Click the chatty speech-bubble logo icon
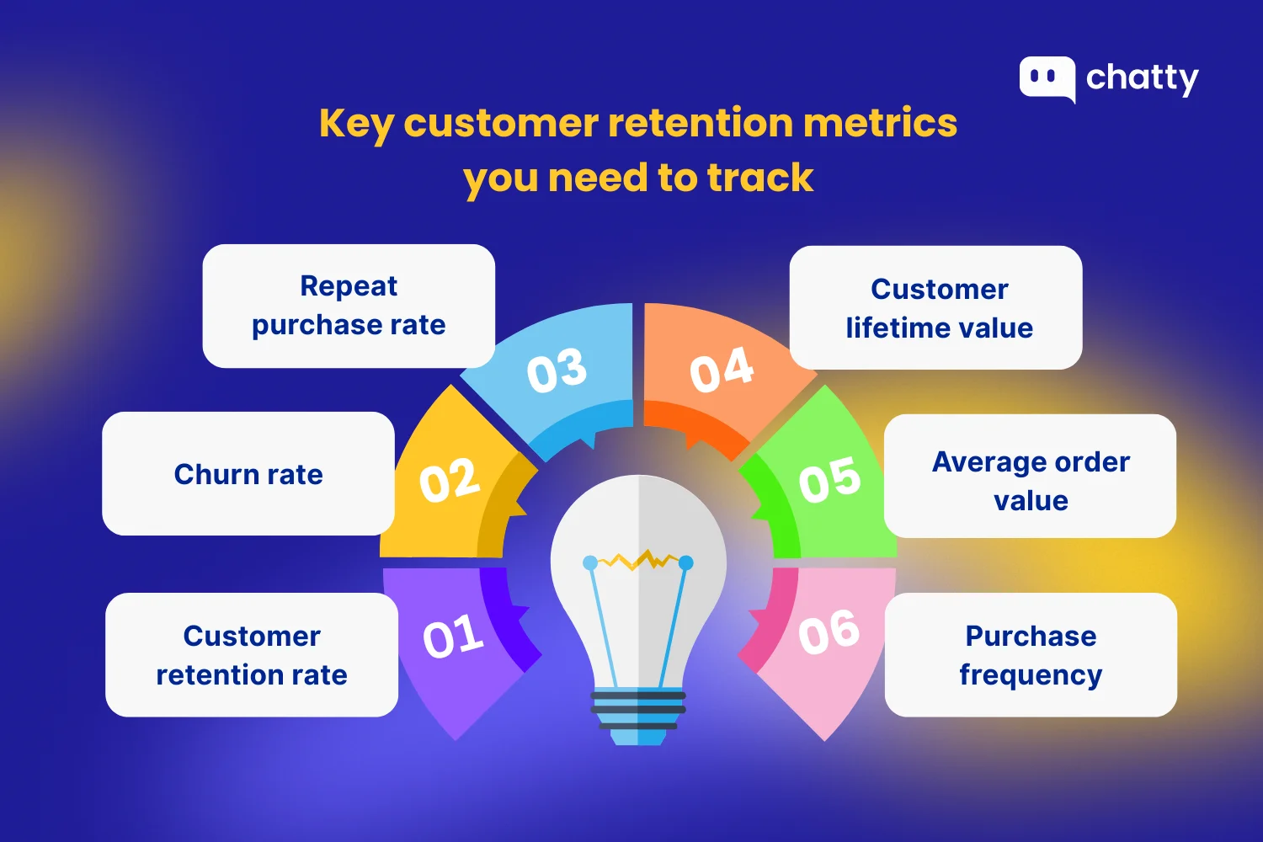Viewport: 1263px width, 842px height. (1047, 78)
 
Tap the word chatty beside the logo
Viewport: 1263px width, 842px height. (1142, 78)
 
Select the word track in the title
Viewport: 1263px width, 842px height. (760, 178)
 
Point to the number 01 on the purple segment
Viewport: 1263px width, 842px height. (454, 637)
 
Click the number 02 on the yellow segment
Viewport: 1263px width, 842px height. (450, 481)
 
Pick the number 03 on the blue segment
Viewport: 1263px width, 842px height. (557, 370)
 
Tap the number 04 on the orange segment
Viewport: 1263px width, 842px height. (722, 370)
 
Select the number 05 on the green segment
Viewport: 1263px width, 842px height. (829, 481)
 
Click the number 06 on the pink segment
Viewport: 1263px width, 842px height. (829, 632)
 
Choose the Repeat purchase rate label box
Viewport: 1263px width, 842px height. (349, 306)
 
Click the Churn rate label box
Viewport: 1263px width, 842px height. (248, 473)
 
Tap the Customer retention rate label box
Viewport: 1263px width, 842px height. (252, 655)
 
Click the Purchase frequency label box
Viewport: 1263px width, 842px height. (1031, 655)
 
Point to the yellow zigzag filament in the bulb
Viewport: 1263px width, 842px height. (638, 560)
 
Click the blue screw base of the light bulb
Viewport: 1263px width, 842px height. (638, 716)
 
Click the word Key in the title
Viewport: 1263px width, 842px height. (355, 125)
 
